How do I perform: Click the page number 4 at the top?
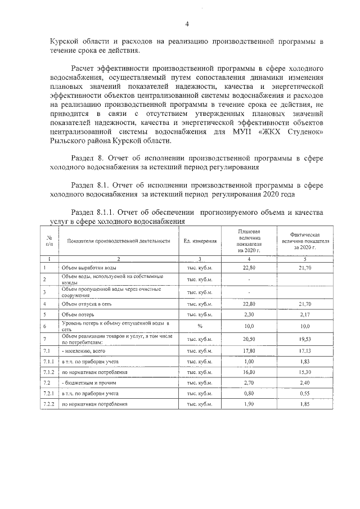[187, 23]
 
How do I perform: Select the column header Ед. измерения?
[200, 241]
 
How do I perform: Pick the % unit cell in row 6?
[200, 326]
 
